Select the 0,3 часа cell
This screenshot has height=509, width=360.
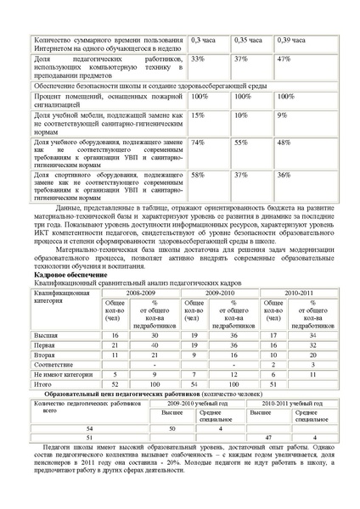(201, 40)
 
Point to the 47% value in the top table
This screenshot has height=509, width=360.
(284, 59)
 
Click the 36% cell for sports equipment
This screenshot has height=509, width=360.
(284, 174)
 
